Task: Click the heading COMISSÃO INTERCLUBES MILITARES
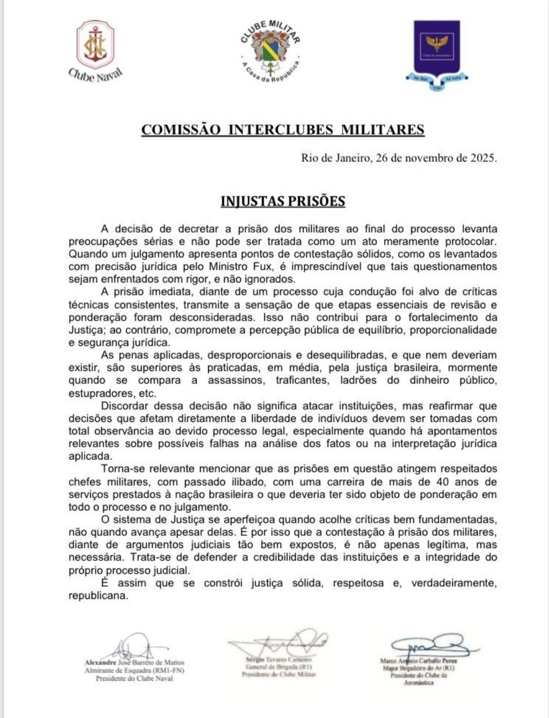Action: point(282,130)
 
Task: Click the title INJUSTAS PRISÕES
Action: point(283,202)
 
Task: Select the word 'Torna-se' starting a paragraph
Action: point(121,469)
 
